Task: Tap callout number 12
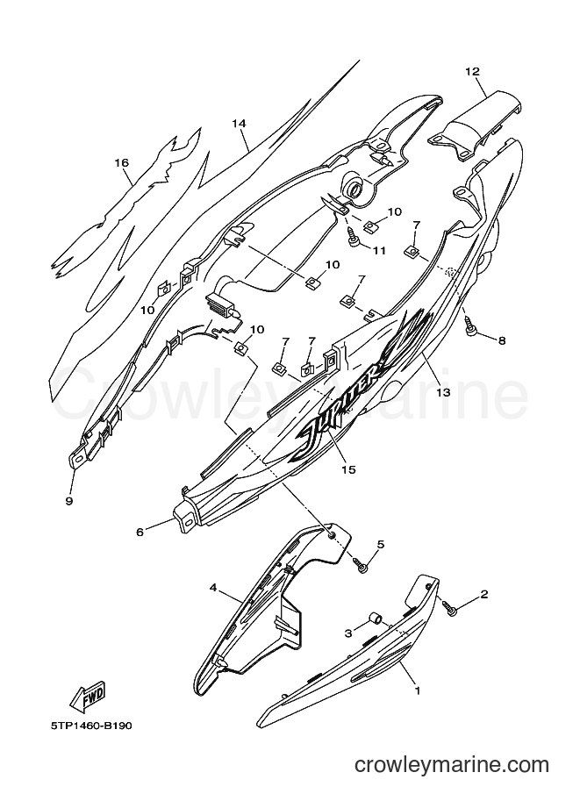pos(473,72)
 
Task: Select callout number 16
pos(122,162)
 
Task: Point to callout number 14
pos(239,123)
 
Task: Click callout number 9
pos(69,501)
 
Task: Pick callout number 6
pos(140,532)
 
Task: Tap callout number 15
pos(348,469)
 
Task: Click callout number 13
pos(442,392)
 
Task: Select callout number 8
pos(501,340)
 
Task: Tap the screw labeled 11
pos(353,237)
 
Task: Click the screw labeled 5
pos(362,565)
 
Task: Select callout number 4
pos(213,588)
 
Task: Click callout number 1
pos(418,690)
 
